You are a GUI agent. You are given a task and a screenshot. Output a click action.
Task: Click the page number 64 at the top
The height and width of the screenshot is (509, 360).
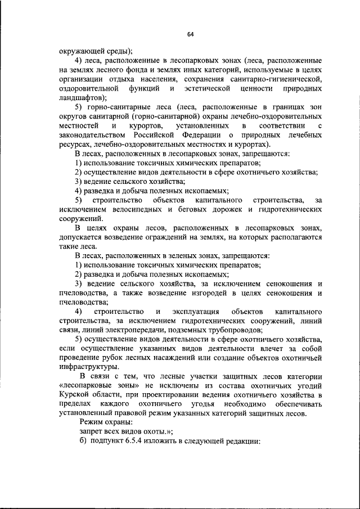click(190, 34)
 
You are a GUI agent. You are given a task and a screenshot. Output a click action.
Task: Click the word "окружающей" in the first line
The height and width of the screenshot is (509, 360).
click(82, 51)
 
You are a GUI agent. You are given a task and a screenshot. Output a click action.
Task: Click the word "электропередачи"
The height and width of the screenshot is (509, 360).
click(133, 330)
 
